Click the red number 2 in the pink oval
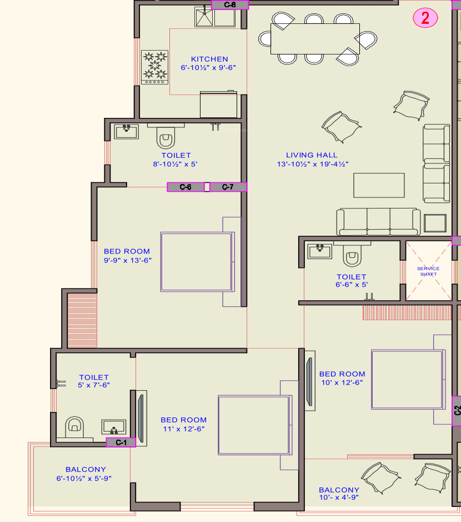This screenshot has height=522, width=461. [425, 18]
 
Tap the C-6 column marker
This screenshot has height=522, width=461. [186, 187]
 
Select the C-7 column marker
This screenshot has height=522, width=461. [228, 187]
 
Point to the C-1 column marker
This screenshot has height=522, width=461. [121, 443]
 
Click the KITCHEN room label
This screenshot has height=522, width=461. [209, 59]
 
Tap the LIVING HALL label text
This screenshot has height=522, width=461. [312, 155]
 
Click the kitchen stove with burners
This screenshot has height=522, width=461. [154, 67]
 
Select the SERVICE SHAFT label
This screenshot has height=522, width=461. [428, 271]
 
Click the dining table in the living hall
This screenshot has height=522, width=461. [315, 38]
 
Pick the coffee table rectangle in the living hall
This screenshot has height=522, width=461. [379, 186]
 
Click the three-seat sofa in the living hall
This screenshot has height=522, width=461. [378, 222]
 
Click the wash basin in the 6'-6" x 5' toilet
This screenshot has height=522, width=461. [319, 251]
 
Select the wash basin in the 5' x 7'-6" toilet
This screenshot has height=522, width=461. [114, 427]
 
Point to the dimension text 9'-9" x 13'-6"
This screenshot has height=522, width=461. [128, 260]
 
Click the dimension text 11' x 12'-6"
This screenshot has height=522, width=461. [184, 429]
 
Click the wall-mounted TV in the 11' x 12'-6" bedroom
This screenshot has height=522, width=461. [142, 418]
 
